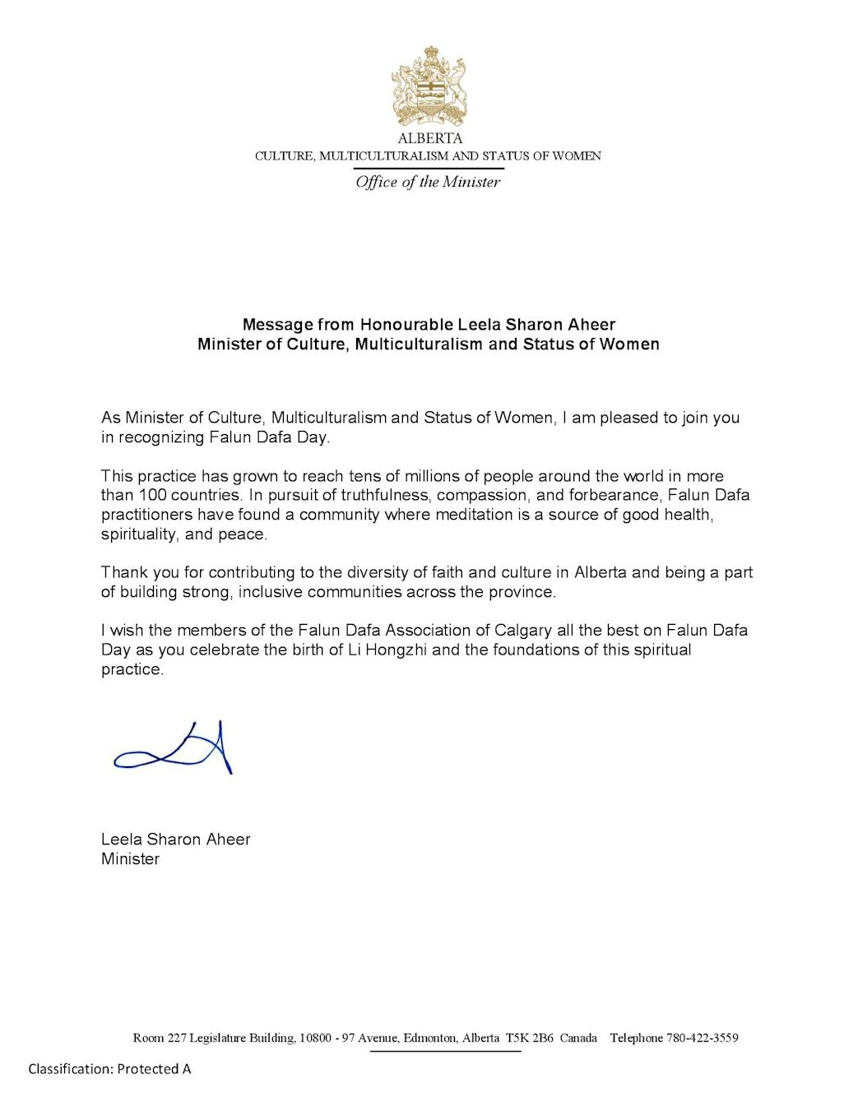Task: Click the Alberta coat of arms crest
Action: pyautogui.click(x=428, y=86)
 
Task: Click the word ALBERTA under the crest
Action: pyautogui.click(x=429, y=138)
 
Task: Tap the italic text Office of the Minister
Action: pyautogui.click(x=428, y=182)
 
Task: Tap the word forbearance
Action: pyautogui.click(x=607, y=495)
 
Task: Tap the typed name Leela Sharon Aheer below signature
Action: pyautogui.click(x=175, y=839)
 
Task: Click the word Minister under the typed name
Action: pyautogui.click(x=130, y=859)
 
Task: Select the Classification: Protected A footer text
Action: pyautogui.click(x=109, y=1069)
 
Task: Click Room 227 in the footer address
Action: pyautogui.click(x=160, y=1038)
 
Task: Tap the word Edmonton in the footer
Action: pyautogui.click(x=429, y=1038)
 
